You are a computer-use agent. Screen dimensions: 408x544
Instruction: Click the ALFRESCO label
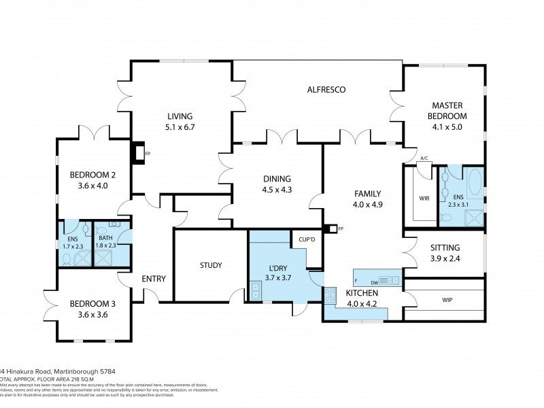click(x=327, y=90)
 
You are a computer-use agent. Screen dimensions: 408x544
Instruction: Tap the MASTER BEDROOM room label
click(x=447, y=110)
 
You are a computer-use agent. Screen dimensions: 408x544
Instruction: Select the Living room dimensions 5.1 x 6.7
click(x=180, y=126)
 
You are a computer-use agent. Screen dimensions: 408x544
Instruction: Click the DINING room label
click(x=277, y=179)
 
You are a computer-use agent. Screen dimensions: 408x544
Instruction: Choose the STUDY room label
click(x=211, y=265)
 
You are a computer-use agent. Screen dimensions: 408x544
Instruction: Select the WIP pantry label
click(x=447, y=299)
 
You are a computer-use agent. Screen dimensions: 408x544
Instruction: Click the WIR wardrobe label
click(x=424, y=199)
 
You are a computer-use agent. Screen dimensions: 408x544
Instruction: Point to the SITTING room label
click(x=446, y=248)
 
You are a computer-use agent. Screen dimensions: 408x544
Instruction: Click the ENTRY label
click(x=154, y=279)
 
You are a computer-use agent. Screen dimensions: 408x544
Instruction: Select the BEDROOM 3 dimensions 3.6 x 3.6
click(x=93, y=314)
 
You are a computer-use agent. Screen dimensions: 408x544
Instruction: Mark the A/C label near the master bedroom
click(x=424, y=159)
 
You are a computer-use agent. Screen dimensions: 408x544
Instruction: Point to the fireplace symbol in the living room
click(x=139, y=154)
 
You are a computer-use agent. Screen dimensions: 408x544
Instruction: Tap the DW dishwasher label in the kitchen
click(x=374, y=282)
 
